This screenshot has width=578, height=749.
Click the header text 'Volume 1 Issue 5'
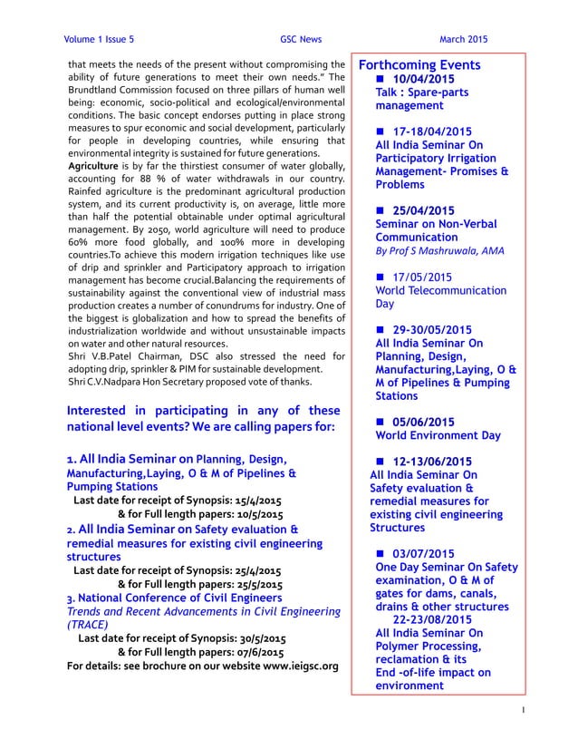click(100, 40)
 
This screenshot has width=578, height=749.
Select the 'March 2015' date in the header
click(463, 40)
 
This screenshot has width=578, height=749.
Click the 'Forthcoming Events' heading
click(419, 66)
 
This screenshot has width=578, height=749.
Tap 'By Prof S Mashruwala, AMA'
click(439, 251)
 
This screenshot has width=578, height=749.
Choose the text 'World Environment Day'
click(438, 435)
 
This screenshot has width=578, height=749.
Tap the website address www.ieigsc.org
click(286, 666)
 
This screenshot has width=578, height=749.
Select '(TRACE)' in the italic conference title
click(88, 624)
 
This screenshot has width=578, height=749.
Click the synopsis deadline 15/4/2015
click(255, 499)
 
